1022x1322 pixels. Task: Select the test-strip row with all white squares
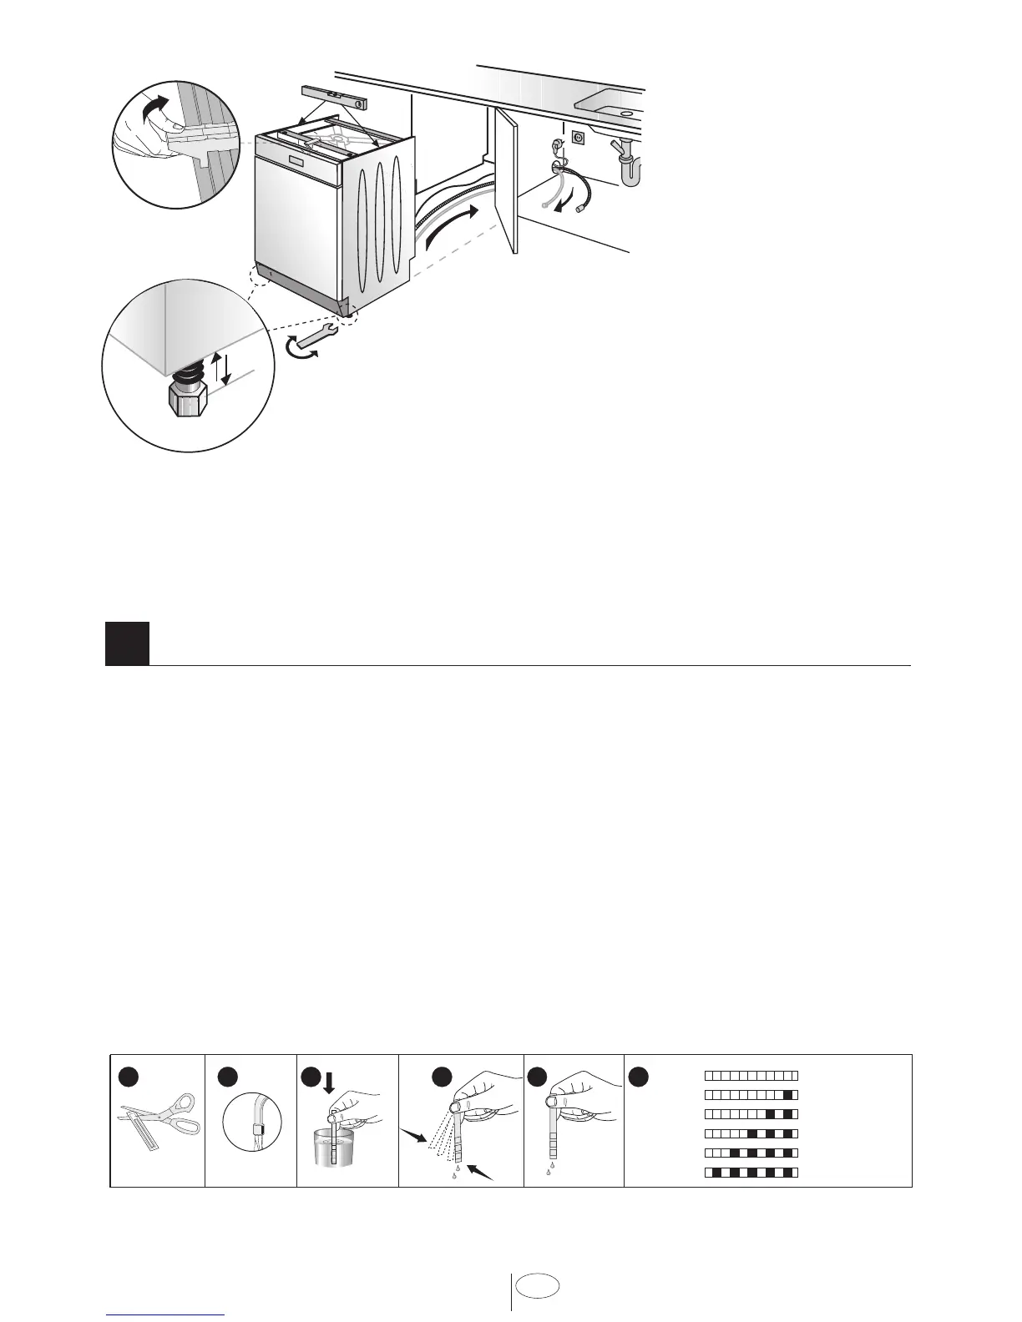pos(751,1075)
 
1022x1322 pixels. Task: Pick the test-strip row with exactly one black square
pos(751,1094)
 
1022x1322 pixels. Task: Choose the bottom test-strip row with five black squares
pos(751,1173)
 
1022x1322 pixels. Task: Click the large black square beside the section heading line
pos(127,643)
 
